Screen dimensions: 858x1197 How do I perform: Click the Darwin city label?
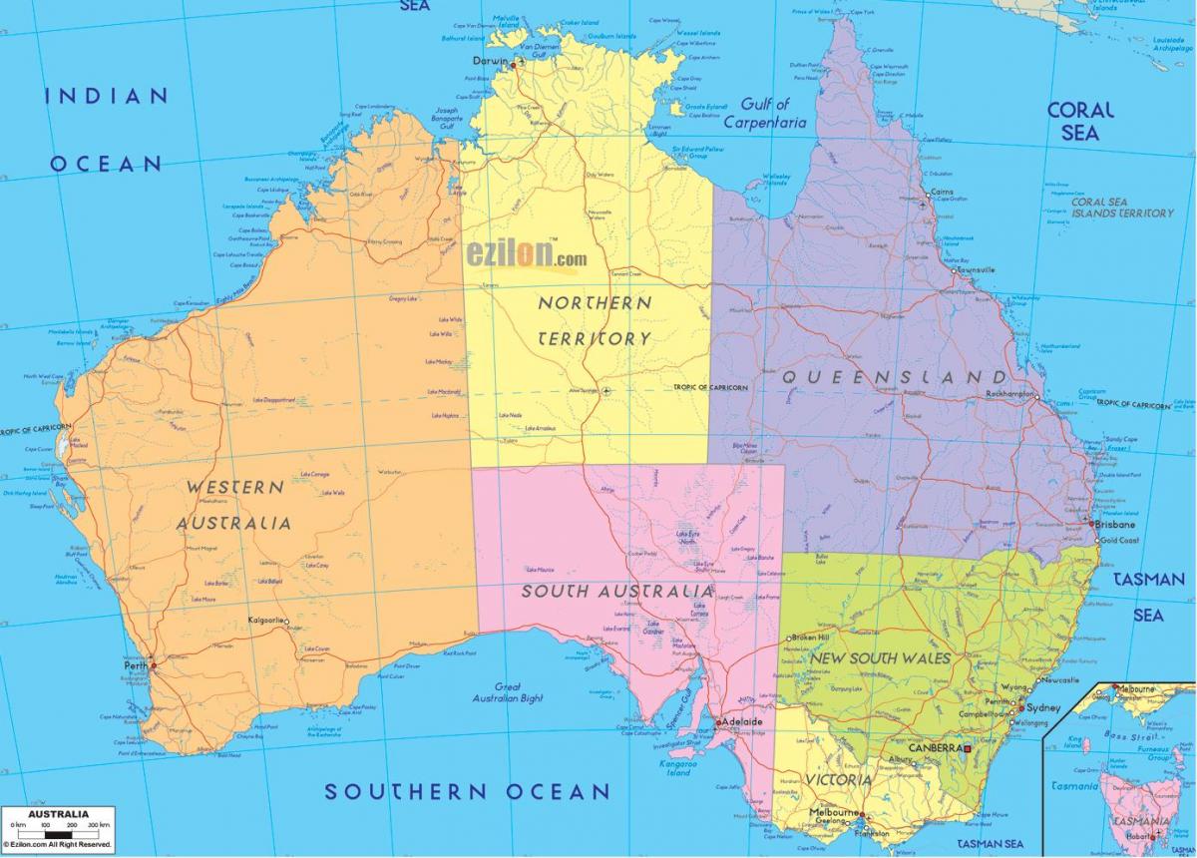[x=490, y=61]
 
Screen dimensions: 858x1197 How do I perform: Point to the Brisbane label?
[x=1113, y=524]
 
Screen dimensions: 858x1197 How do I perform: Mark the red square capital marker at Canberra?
[x=967, y=747]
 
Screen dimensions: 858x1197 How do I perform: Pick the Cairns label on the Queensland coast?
[x=941, y=192]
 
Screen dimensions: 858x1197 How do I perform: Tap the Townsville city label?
[x=977, y=269]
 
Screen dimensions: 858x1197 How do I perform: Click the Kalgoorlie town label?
[x=266, y=621]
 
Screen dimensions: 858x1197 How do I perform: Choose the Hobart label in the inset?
[x=1134, y=836]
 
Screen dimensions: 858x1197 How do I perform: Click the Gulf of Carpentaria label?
[x=764, y=113]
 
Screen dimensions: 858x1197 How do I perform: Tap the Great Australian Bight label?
[x=509, y=692]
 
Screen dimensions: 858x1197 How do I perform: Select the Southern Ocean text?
[x=467, y=791]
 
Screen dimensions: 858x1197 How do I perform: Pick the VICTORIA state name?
[x=839, y=778]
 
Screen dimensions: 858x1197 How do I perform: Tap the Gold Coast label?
[x=1119, y=540]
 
